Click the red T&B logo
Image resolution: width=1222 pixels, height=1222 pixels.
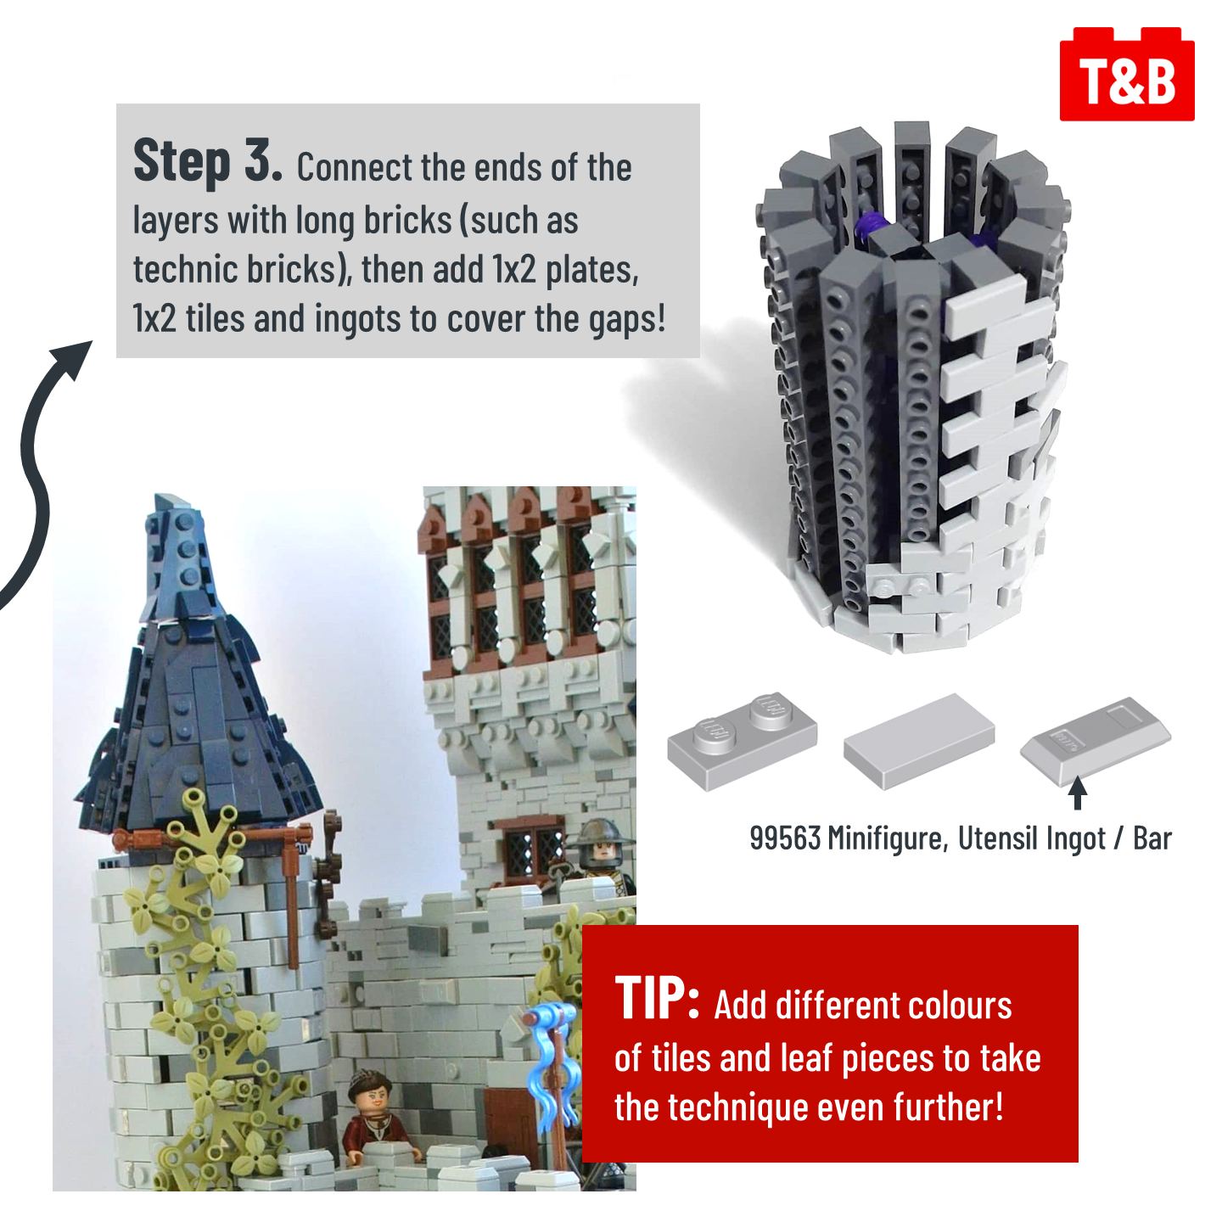click(1127, 75)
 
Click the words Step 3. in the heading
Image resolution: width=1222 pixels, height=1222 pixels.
click(208, 162)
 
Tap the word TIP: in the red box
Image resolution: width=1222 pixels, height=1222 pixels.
click(657, 1000)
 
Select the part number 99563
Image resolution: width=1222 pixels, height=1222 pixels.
click(786, 838)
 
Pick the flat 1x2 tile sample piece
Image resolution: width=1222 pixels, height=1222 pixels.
click(919, 741)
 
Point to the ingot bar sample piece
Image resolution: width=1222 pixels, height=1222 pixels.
click(1096, 741)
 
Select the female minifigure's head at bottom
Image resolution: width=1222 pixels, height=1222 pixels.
click(367, 1088)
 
